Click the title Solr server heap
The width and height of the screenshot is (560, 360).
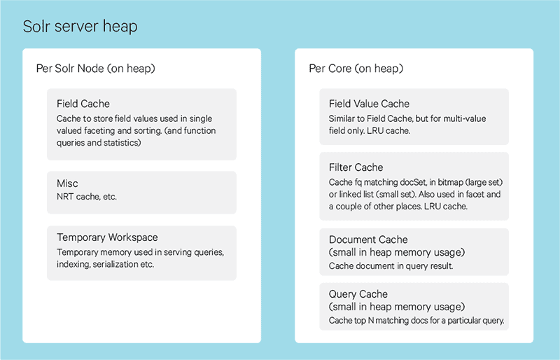click(80, 27)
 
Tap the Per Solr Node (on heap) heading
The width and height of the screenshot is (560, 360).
click(95, 69)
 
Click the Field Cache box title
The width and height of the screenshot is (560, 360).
click(83, 104)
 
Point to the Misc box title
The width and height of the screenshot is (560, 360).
click(67, 184)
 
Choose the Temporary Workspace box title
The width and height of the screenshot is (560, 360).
click(107, 238)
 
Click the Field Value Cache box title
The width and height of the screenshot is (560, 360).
click(369, 104)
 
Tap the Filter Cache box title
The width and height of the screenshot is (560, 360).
click(356, 167)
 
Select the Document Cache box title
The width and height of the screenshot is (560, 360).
click(368, 240)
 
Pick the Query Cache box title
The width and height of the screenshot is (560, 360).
click(358, 295)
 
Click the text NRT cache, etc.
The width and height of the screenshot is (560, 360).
click(87, 197)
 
